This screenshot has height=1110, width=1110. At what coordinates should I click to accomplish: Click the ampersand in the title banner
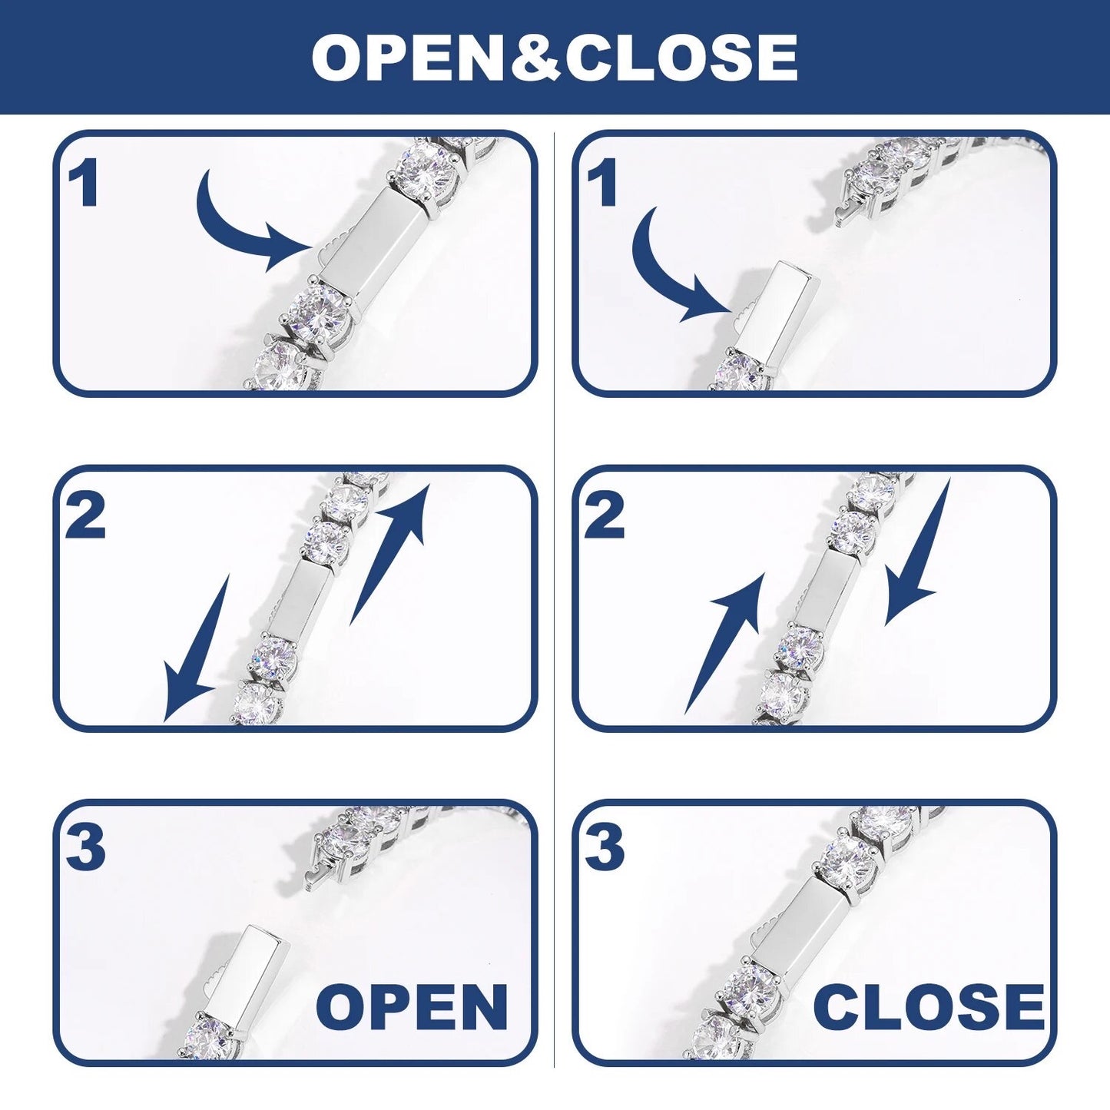(535, 57)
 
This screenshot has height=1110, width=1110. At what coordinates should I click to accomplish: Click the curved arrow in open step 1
(230, 236)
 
